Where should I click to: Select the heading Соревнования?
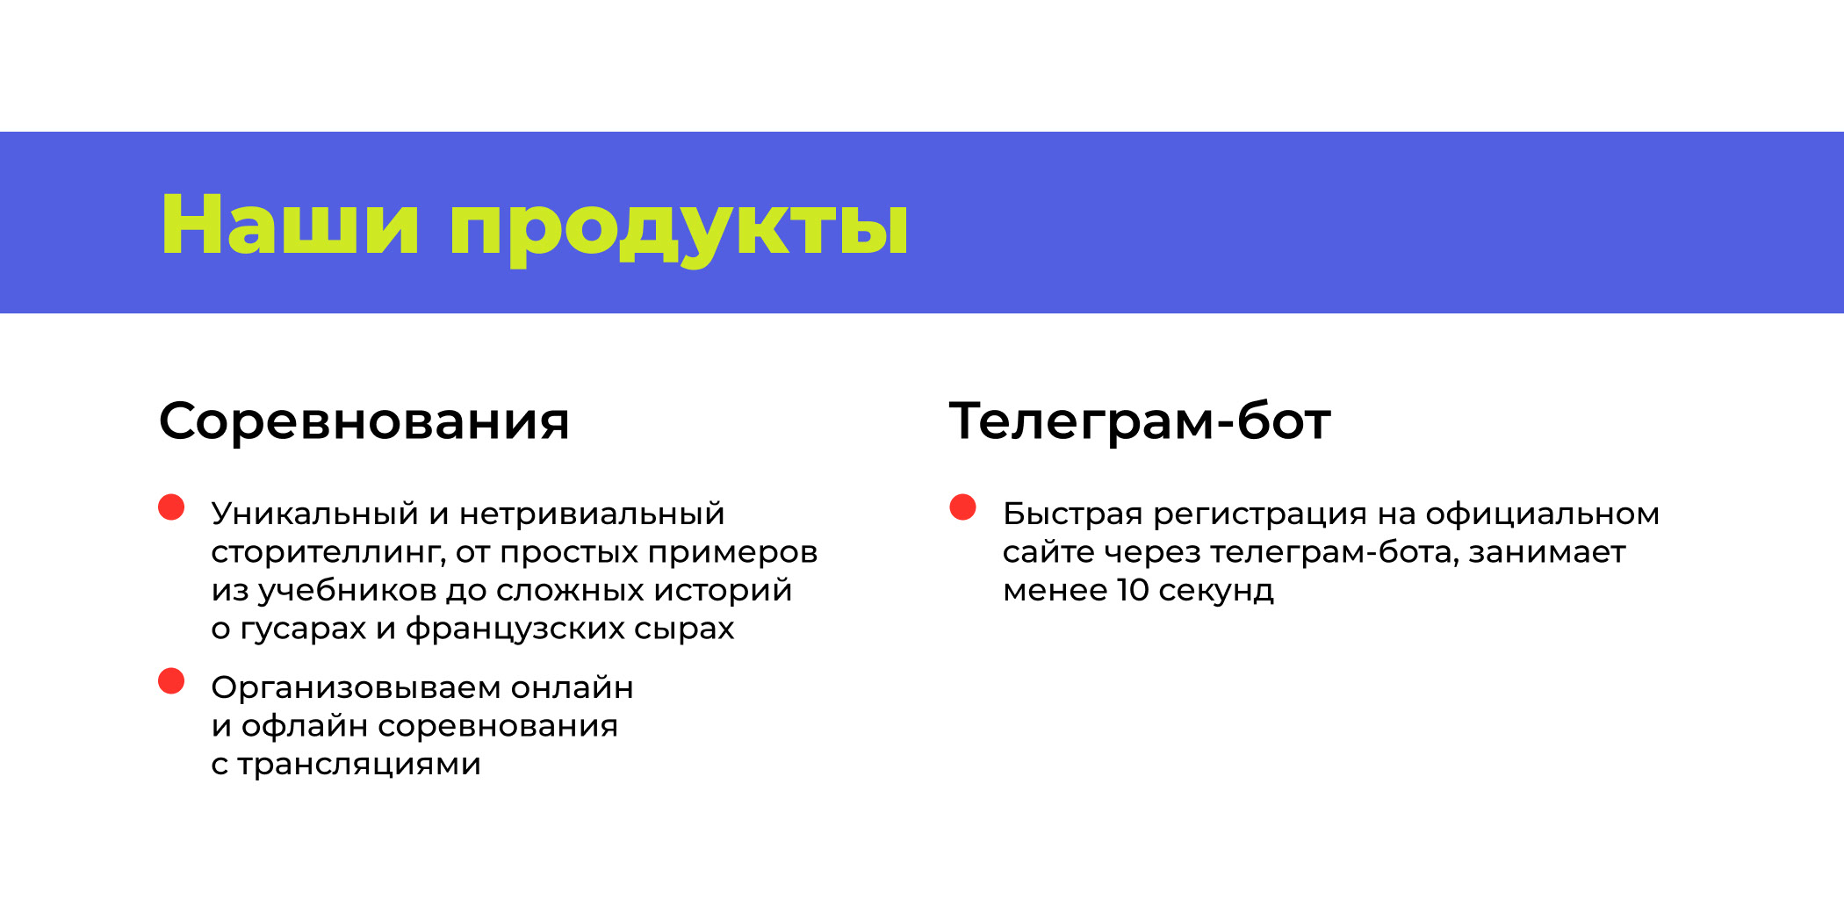[x=364, y=421]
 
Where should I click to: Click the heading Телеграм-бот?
[x=1140, y=421]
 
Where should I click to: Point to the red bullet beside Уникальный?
[x=171, y=507]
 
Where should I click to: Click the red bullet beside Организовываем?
[x=171, y=681]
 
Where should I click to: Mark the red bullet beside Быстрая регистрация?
[x=963, y=507]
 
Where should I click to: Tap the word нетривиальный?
[x=592, y=514]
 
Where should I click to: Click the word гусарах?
[x=303, y=629]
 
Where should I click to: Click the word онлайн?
[x=572, y=687]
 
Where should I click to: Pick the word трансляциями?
[x=359, y=765]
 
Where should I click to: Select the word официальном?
[x=1542, y=514]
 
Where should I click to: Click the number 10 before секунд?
[x=1133, y=590]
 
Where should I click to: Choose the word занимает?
[x=1547, y=552]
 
